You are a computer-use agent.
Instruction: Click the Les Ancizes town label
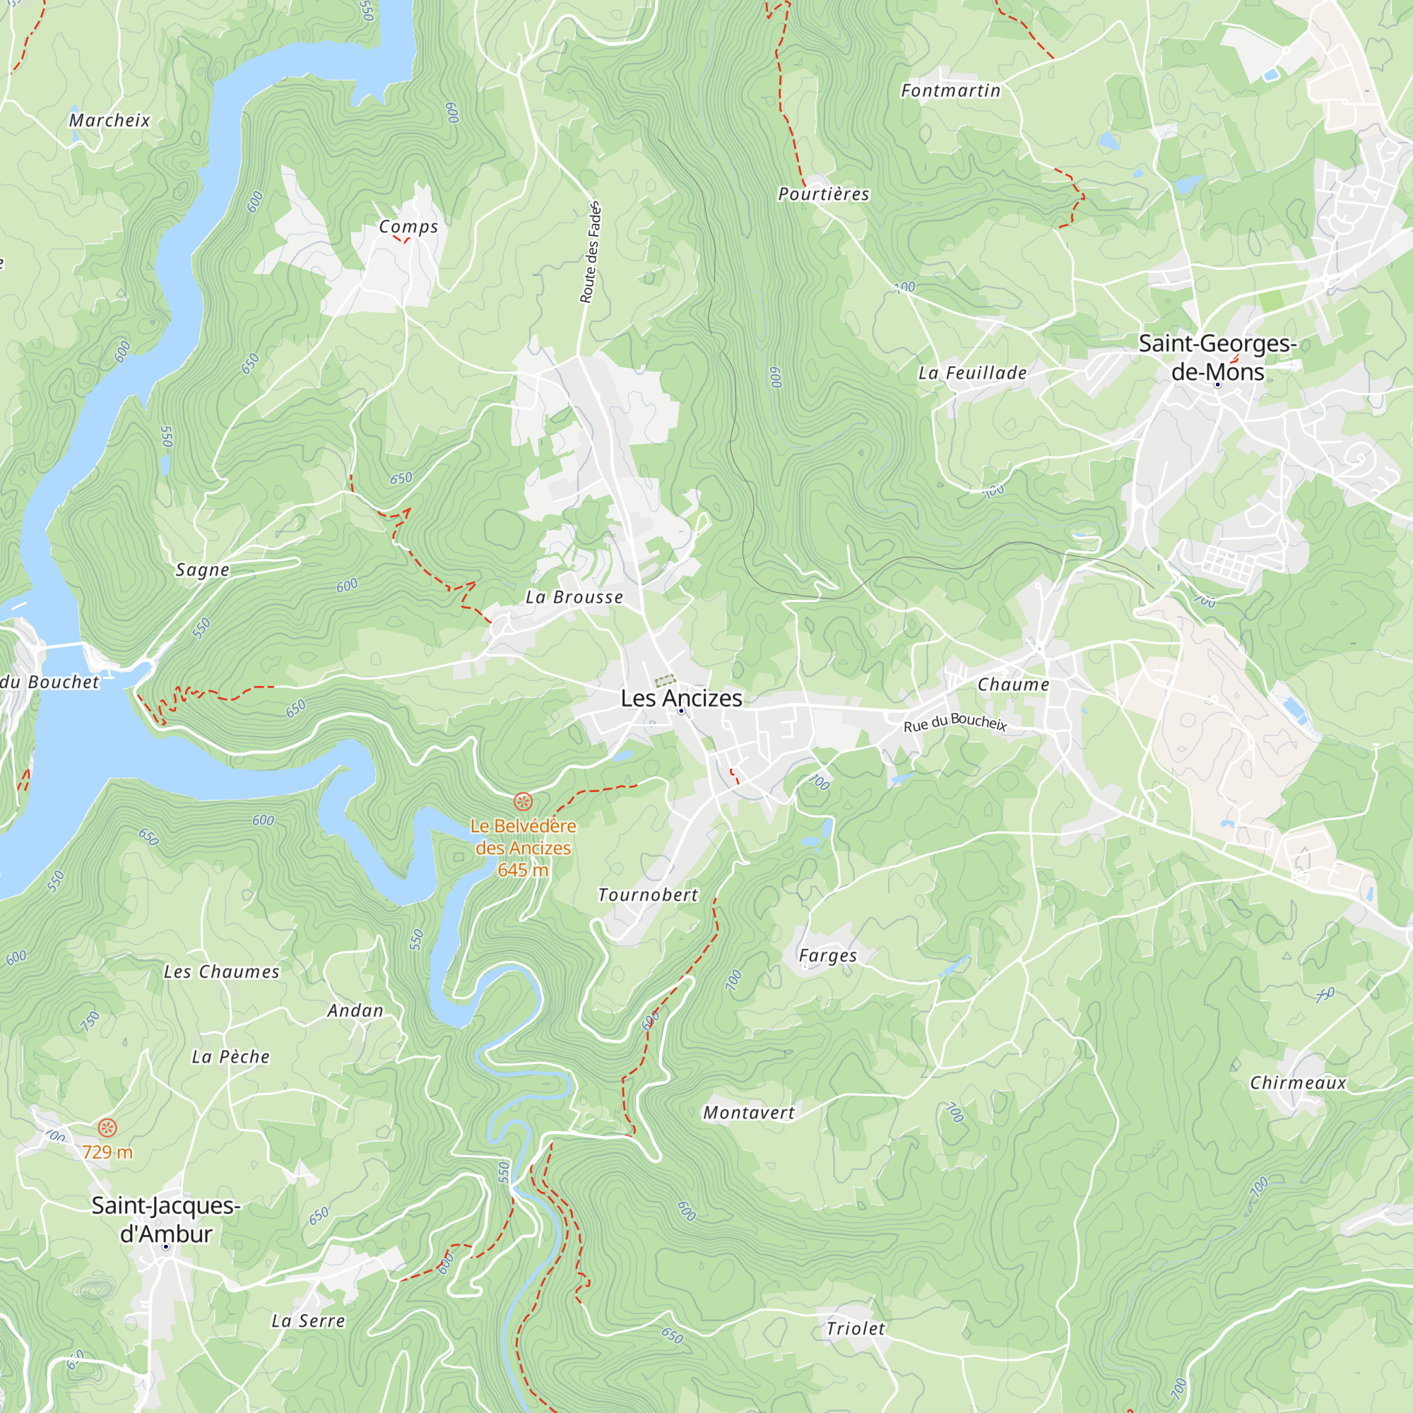coord(681,699)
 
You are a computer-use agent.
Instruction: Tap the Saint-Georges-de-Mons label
coord(1217,357)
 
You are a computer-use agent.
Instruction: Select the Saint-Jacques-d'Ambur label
coord(166,1219)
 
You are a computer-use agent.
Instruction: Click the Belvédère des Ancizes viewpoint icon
coord(522,802)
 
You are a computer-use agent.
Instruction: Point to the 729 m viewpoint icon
coord(107,1128)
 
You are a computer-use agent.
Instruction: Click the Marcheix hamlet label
coord(110,121)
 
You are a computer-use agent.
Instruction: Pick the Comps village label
coord(408,227)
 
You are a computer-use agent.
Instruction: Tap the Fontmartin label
coord(950,90)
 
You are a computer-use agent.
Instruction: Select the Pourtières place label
coord(824,194)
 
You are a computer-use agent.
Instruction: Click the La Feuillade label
coord(972,373)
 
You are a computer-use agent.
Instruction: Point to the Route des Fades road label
coord(590,252)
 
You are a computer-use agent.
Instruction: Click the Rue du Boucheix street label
coord(955,723)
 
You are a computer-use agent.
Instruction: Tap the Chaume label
coord(1013,685)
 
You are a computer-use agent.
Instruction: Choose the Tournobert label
coord(648,895)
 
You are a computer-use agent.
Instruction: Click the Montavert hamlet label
coord(748,1113)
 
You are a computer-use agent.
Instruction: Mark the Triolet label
coord(855,1329)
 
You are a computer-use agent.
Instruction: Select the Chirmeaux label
coord(1297,1083)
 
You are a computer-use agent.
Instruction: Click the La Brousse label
coord(574,598)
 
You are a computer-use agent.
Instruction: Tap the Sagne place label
coord(203,569)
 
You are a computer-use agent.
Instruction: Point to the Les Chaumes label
coord(221,972)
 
